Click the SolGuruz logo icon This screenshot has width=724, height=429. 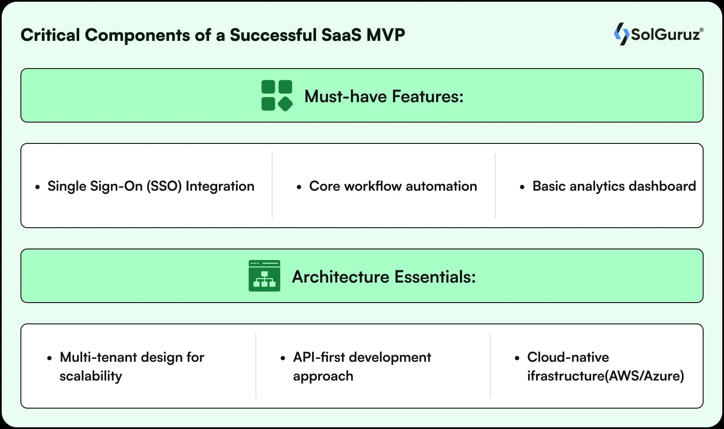point(621,34)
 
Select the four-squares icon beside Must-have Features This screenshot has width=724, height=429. point(277,96)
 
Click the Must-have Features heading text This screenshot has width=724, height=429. point(384,97)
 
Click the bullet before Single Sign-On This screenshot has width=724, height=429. point(38,187)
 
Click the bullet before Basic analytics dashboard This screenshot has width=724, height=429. point(522,187)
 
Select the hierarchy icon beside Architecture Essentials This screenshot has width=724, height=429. point(264,276)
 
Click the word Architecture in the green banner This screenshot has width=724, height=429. point(340,277)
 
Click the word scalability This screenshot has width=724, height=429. point(91,376)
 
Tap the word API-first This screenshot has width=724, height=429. point(319,357)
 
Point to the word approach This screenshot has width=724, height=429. point(323,377)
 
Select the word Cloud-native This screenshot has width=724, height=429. point(568,357)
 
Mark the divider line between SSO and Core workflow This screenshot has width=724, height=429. point(272,186)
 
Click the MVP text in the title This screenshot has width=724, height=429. point(385,35)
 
